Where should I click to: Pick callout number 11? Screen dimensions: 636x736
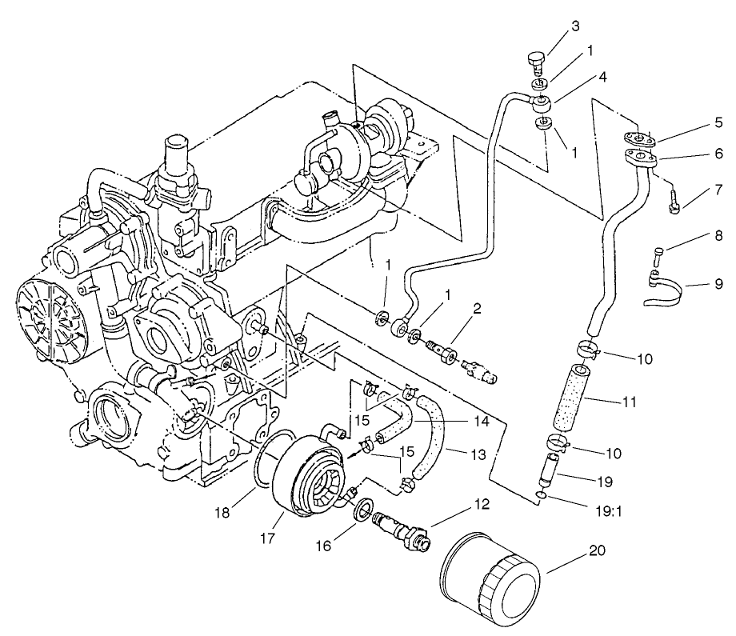tap(629, 401)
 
